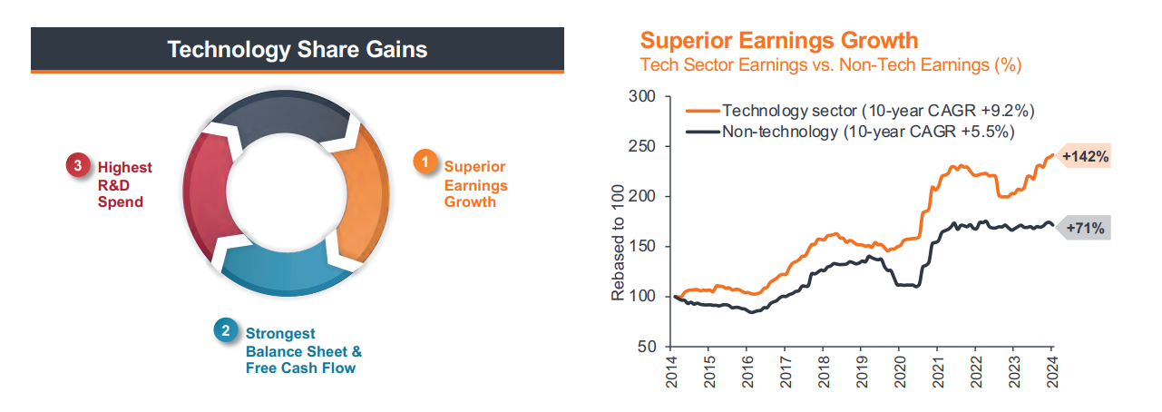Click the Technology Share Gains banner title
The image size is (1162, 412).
[x=297, y=49]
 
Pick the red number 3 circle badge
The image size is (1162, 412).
[x=78, y=166]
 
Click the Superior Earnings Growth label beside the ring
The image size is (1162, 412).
[x=474, y=184]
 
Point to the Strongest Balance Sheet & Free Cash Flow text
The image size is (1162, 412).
[x=303, y=351]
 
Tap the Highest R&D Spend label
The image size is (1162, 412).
[x=124, y=184]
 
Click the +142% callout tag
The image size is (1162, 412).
[x=1086, y=156]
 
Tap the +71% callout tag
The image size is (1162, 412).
[x=1086, y=229]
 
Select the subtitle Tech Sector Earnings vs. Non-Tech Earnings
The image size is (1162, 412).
[x=832, y=65]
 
